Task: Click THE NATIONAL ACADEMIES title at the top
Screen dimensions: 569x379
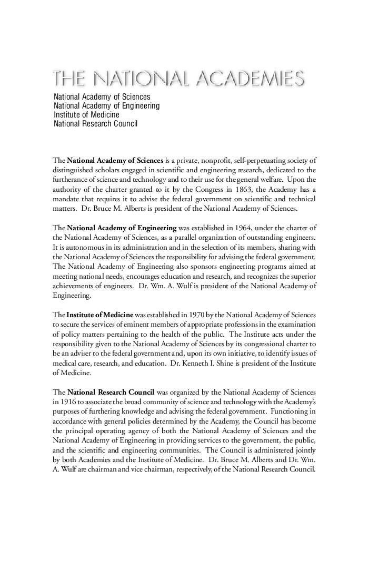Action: [178, 79]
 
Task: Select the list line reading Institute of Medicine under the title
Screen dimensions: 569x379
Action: [86, 114]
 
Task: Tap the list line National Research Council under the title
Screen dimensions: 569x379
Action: [95, 124]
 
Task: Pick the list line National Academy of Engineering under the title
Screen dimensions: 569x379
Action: [107, 105]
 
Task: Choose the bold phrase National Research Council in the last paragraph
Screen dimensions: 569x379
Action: [111, 393]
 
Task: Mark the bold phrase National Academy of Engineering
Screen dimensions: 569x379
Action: [122, 228]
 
